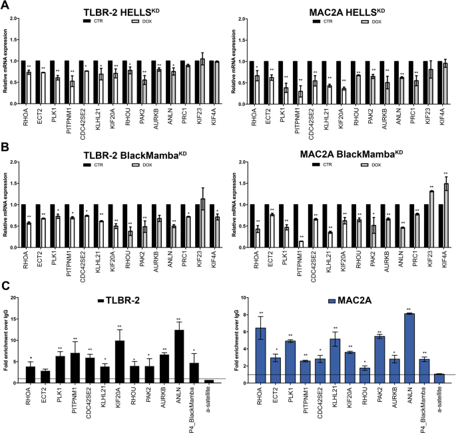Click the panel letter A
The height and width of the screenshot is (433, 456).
click(x=6, y=6)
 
